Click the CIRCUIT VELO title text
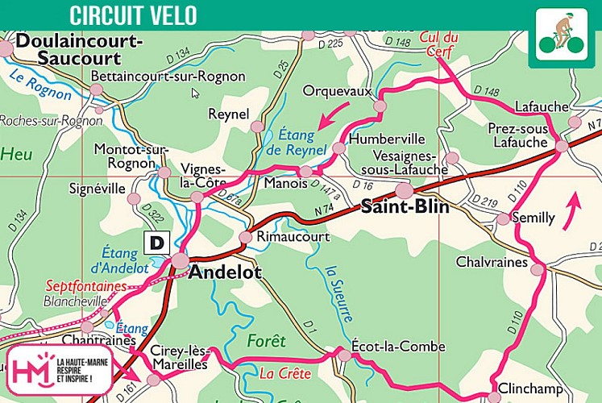tap(133, 15)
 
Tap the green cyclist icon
tap(561, 37)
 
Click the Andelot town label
tap(225, 272)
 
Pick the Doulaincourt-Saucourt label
tap(78, 48)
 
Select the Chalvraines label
tap(491, 262)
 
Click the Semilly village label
tap(534, 218)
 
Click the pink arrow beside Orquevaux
tap(334, 115)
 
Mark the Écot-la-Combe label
tap(398, 347)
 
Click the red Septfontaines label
tap(85, 286)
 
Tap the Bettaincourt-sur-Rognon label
tap(168, 77)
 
